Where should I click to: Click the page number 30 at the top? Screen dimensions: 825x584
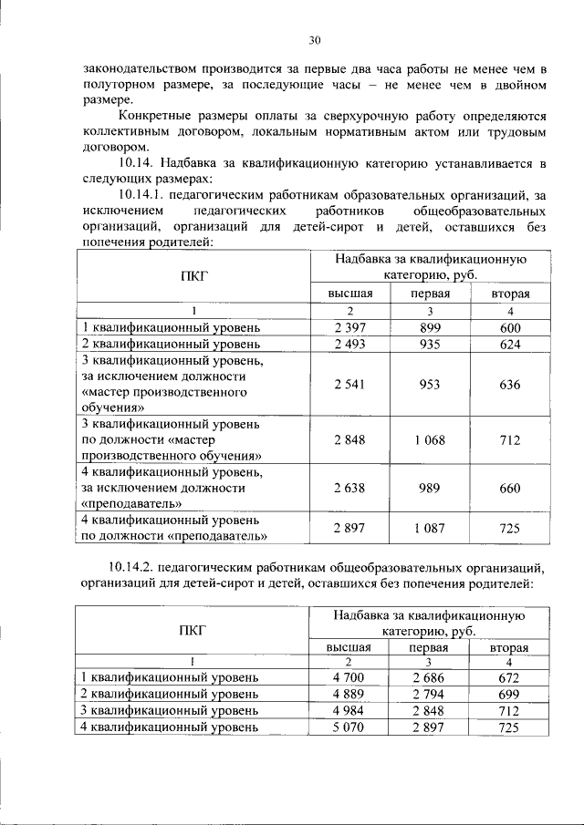click(315, 40)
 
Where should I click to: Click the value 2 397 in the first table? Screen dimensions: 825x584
click(349, 327)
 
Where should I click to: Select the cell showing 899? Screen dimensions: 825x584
click(428, 327)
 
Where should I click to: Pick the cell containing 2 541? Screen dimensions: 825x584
click(349, 385)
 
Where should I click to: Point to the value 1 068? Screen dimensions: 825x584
click(428, 440)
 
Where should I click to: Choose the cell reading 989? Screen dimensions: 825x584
click(428, 488)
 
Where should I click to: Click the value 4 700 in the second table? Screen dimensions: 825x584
click(349, 677)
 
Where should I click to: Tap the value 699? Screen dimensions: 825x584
click(509, 694)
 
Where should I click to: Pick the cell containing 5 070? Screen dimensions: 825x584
click(349, 727)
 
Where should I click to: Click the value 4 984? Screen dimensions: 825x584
click(349, 710)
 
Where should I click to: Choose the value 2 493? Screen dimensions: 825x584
click(349, 344)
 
